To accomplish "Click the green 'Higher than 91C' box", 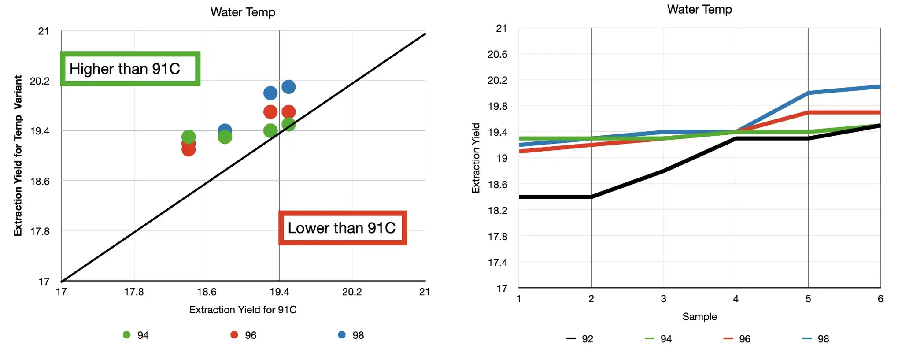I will pyautogui.click(x=130, y=69).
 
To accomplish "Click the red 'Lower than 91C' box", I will pyautogui.click(x=342, y=228).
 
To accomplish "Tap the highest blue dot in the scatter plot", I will pyautogui.click(x=288, y=87).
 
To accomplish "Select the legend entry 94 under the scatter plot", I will pyautogui.click(x=136, y=335).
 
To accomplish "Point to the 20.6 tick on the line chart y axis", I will pyautogui.click(x=497, y=54).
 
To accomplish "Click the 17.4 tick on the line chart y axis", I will pyautogui.click(x=497, y=263).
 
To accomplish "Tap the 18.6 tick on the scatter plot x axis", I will pyautogui.click(x=207, y=292).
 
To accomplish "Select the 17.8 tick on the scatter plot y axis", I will pyautogui.click(x=40, y=231).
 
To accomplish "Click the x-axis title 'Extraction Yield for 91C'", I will pyautogui.click(x=243, y=310).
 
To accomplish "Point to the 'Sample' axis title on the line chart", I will pyautogui.click(x=699, y=316).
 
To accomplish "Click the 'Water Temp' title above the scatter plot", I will pyautogui.click(x=243, y=12).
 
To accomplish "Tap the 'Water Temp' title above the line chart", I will pyautogui.click(x=699, y=9).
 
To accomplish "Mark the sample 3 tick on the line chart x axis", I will pyautogui.click(x=663, y=299).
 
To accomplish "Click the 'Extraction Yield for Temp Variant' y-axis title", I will pyautogui.click(x=18, y=156).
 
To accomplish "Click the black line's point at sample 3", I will pyautogui.click(x=664, y=171).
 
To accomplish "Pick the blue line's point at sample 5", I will pyautogui.click(x=808, y=93).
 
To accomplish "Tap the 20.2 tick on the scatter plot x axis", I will pyautogui.click(x=352, y=292).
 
